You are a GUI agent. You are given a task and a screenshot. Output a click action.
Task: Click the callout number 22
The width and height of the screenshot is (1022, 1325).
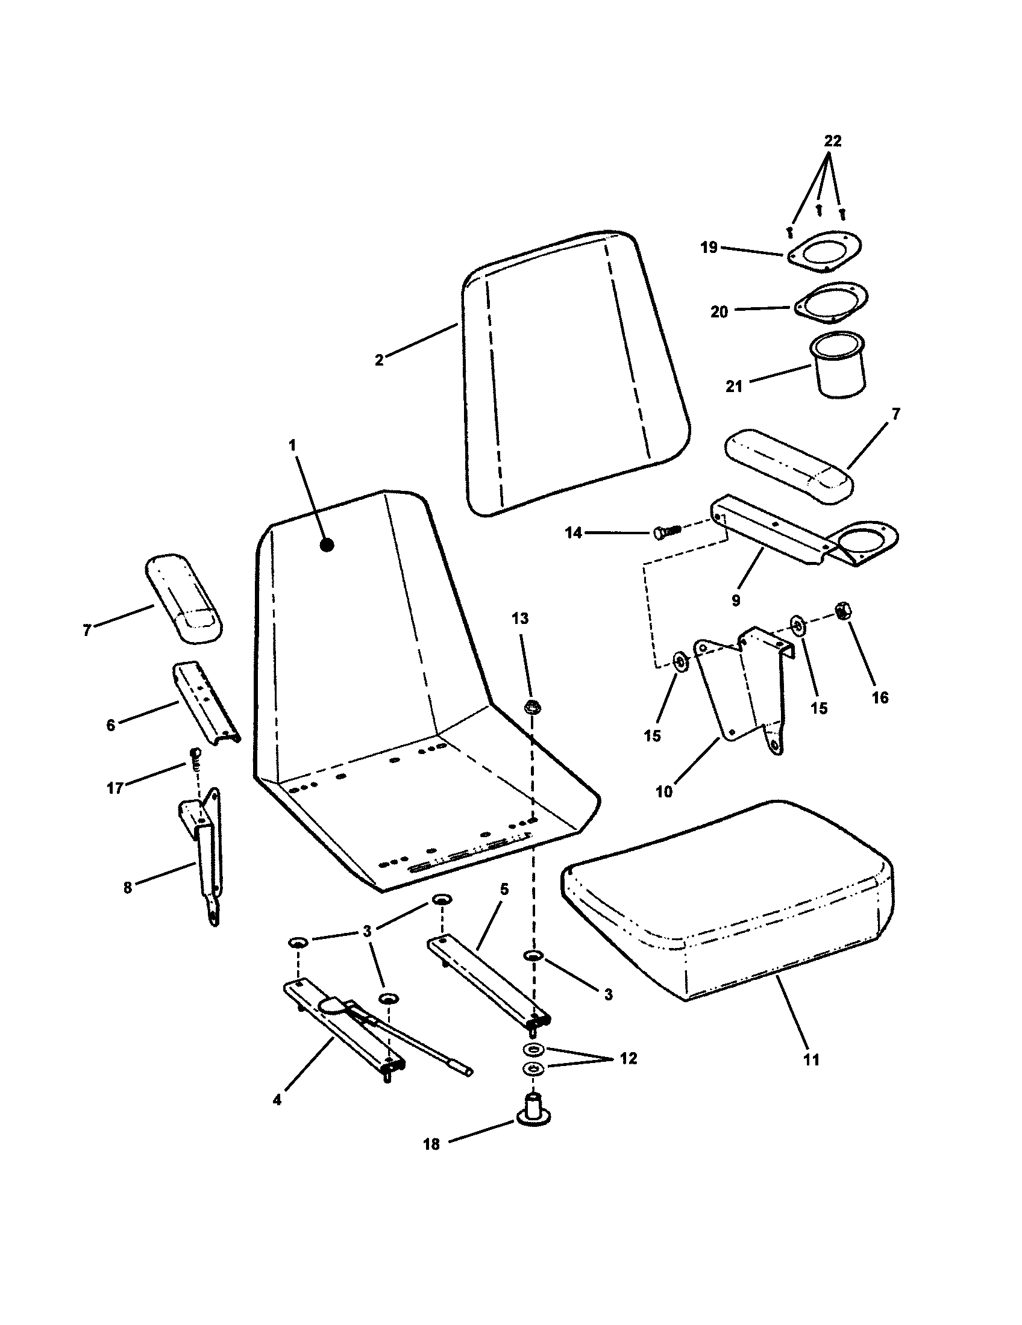pyautogui.click(x=833, y=141)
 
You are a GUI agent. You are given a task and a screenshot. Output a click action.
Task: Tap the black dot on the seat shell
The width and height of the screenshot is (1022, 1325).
pyautogui.click(x=327, y=545)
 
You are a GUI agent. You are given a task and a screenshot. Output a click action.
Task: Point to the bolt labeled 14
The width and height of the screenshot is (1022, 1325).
pyautogui.click(x=668, y=532)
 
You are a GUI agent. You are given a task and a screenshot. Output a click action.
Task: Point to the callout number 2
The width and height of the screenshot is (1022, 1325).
pyautogui.click(x=379, y=360)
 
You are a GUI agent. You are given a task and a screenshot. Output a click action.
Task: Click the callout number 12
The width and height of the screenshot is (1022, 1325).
pyautogui.click(x=628, y=1059)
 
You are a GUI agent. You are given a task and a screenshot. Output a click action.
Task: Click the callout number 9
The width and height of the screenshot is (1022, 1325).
pyautogui.click(x=736, y=600)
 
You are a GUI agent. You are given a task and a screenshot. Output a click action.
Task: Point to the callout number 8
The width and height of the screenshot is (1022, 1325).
pyautogui.click(x=127, y=888)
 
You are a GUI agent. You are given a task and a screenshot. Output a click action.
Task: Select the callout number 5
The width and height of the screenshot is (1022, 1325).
pyautogui.click(x=504, y=890)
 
